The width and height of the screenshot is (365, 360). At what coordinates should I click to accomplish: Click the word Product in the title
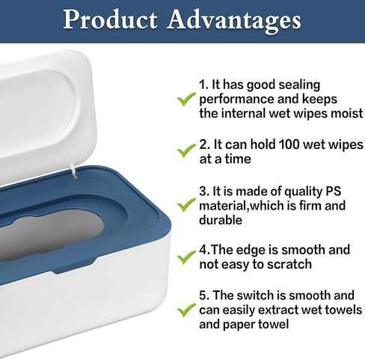[x=110, y=19]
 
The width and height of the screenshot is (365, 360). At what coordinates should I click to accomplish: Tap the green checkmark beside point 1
[x=186, y=99]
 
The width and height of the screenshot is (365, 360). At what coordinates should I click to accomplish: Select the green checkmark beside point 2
[x=186, y=150]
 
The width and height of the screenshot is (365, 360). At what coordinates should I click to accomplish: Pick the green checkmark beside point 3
[x=186, y=205]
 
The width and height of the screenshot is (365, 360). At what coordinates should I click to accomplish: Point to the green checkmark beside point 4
[x=186, y=257]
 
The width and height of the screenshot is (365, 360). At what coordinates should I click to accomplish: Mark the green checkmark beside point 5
[x=186, y=310]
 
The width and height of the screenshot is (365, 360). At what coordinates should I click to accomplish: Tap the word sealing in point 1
[x=299, y=86]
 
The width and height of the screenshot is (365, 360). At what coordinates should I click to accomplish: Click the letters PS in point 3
[x=333, y=192]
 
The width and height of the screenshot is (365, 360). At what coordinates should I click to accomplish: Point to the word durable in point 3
[x=221, y=220]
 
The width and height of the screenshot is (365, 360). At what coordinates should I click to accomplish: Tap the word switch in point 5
[x=255, y=296]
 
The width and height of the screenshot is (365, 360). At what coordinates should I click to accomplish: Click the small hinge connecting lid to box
[x=75, y=171]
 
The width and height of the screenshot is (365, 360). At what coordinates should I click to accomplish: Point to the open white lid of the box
[x=45, y=112]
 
